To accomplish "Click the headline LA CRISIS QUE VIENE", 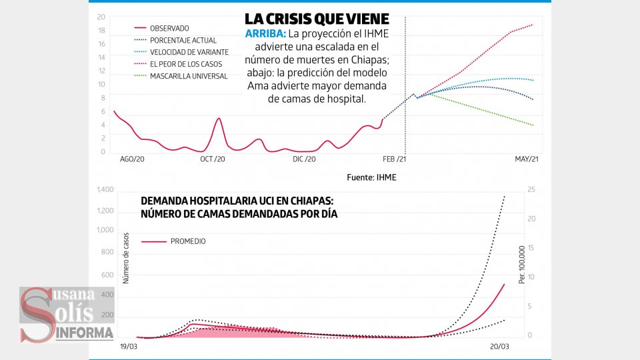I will pos(317,18).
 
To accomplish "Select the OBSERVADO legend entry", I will pos(170,28).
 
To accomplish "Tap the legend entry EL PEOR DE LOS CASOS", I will pos(186,64).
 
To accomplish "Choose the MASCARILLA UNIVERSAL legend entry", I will pos(189,76).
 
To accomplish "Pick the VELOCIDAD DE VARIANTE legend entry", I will pos(189,52).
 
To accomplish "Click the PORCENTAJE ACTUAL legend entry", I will pos(183,40).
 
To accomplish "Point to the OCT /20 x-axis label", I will pos(212,159).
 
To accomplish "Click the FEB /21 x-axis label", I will pos(394,159).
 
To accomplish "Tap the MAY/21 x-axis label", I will pos(527,159).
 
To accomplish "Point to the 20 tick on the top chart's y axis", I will pos(101,17).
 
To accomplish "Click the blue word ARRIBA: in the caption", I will pos(266,34).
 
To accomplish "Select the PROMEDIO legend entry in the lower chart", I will pos(188,241).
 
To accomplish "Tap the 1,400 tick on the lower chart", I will pos(105,191).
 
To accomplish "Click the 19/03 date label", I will pos(129,347).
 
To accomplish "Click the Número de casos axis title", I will pos(125,260).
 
